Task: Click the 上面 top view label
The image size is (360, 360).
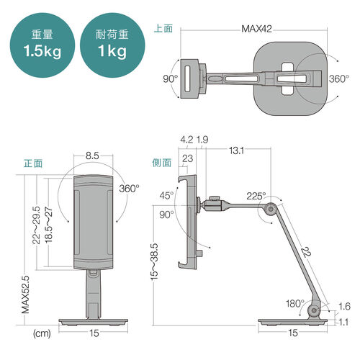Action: (x=163, y=29)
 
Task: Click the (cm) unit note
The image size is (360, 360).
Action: (x=41, y=333)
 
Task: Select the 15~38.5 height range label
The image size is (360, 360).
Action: (x=155, y=260)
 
